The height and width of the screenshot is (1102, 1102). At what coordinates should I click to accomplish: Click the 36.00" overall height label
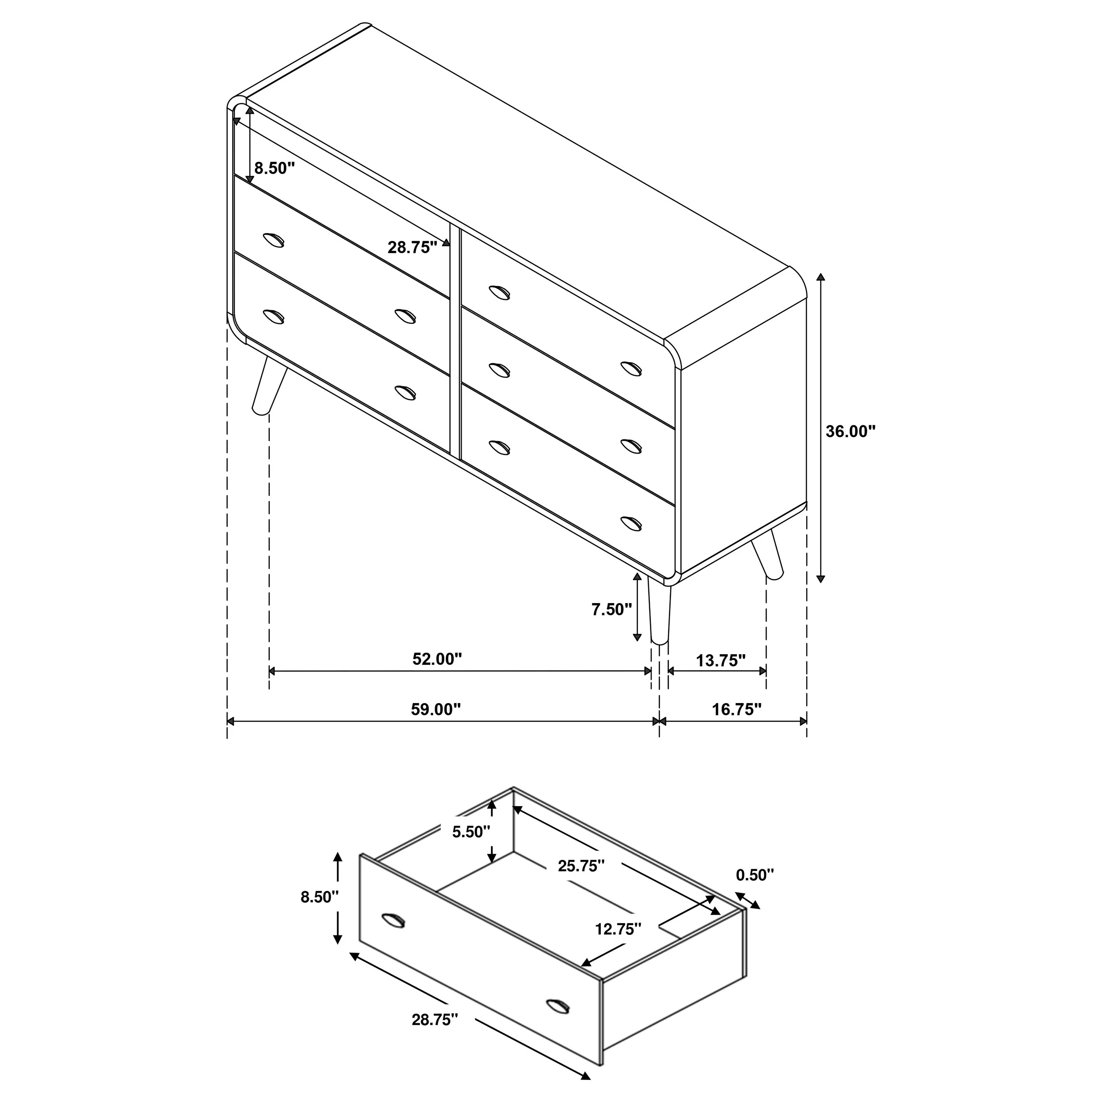point(850,432)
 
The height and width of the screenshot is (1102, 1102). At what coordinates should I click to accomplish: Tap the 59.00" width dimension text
point(436,710)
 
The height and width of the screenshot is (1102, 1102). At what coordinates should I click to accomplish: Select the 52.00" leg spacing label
point(437,659)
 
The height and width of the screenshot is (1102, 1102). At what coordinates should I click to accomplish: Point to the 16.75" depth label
point(737,710)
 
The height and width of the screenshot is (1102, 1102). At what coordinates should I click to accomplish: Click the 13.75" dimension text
point(721,660)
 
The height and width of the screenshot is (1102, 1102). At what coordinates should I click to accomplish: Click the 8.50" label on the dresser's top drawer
point(274,168)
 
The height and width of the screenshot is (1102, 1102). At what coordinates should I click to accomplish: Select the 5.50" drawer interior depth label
point(471,832)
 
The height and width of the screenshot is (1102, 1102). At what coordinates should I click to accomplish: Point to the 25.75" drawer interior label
point(581,882)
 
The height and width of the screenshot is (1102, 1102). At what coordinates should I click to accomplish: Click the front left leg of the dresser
point(268,385)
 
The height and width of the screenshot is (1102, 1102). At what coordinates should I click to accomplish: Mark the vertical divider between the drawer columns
point(454,341)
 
